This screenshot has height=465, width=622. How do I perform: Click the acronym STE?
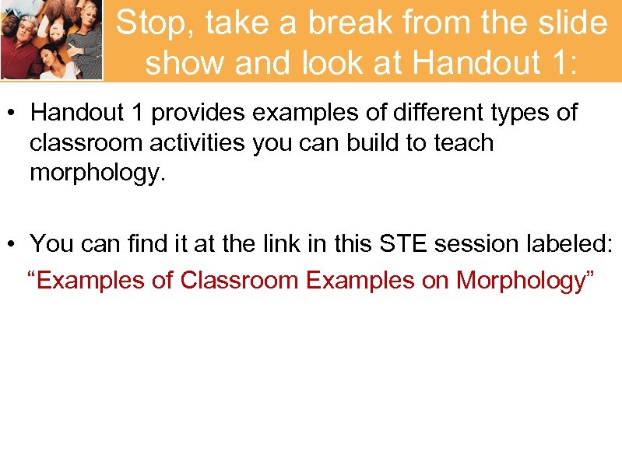click(404, 244)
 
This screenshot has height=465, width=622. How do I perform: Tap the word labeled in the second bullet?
click(572, 244)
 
